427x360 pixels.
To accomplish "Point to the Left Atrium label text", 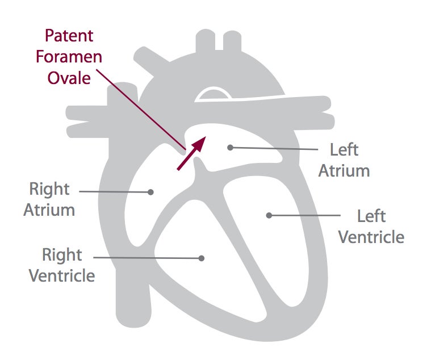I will tap(344, 160).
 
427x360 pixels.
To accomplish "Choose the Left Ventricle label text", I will tap(371, 226).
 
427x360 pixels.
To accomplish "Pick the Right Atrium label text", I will tap(49, 199).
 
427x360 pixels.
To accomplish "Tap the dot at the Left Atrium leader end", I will tap(230, 147).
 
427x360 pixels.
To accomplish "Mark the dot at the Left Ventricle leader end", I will tap(269, 215).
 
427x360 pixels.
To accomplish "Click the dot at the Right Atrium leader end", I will tap(150, 192).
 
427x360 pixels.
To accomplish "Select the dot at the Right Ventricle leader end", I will tap(201, 258).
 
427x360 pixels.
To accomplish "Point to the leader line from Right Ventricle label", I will tap(148, 257).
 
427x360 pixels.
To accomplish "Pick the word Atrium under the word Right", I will tap(49, 210).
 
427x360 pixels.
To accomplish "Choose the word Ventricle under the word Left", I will tap(371, 236).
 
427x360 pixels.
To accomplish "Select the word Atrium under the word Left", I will tap(344, 170).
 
